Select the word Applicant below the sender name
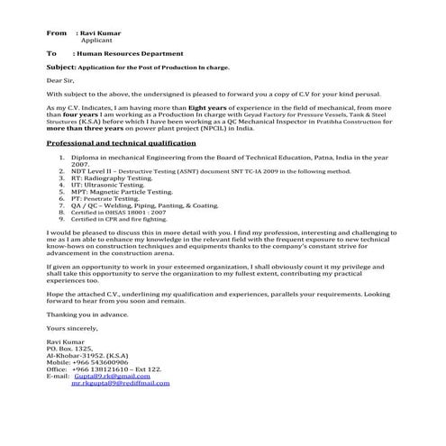(x=96, y=41)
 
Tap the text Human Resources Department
(x=130, y=54)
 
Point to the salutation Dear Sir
(x=62, y=80)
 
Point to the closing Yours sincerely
(x=70, y=329)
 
